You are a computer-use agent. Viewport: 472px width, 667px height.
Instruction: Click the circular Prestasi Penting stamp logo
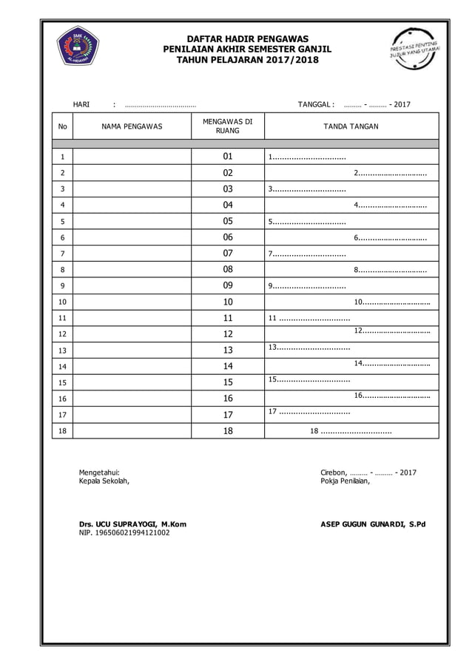414,49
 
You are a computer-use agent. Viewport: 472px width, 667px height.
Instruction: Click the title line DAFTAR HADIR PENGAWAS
247,38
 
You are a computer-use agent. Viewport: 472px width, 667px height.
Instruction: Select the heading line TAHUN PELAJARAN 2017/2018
247,59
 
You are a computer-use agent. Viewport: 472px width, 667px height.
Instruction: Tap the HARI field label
81,104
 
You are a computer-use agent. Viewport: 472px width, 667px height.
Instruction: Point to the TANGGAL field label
316,104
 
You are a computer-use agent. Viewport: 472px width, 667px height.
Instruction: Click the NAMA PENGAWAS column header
132,126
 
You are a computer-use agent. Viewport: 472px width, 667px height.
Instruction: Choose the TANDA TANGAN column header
351,126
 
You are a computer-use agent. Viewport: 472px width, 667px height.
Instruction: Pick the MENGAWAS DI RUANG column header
228,126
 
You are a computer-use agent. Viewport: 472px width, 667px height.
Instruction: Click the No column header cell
62,126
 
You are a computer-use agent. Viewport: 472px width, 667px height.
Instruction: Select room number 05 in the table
228,221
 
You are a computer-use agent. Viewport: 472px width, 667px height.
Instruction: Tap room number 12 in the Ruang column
228,334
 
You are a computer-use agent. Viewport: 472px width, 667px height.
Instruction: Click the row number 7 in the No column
62,254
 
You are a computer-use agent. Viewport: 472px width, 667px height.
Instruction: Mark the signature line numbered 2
390,173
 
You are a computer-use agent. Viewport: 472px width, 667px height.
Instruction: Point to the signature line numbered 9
307,286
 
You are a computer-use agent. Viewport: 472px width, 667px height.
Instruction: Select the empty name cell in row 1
132,157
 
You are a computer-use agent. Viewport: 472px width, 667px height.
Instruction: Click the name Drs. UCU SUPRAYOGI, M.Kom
132,524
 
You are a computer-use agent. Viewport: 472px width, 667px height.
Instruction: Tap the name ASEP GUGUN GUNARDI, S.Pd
372,524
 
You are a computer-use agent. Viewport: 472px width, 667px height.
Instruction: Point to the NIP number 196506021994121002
124,532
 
